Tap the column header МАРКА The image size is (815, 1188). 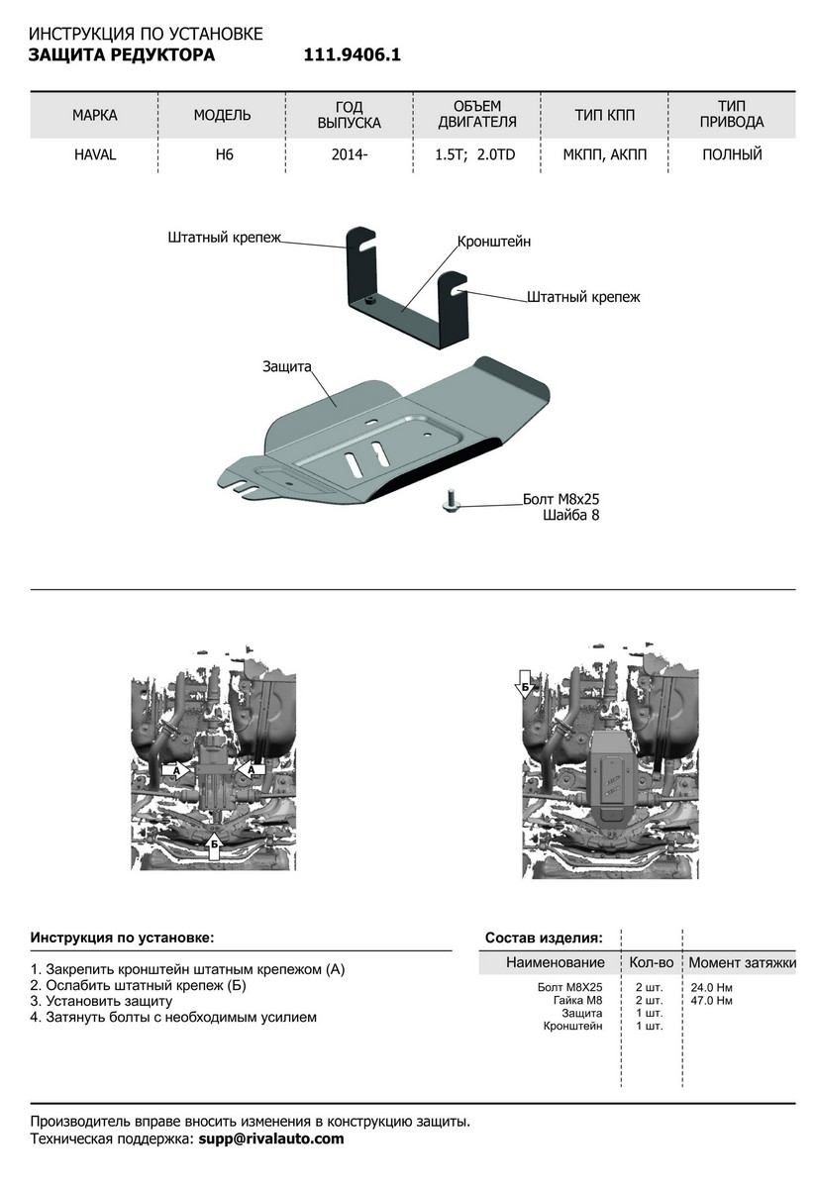coord(94,116)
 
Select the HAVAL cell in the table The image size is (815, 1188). coord(94,155)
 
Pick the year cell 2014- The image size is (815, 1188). coord(349,155)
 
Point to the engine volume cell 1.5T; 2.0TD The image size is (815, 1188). coord(476,155)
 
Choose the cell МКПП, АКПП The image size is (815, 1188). coord(604,155)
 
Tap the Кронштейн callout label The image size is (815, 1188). coord(494,242)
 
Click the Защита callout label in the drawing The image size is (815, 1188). coord(287,366)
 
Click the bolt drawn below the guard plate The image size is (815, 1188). coord(448,503)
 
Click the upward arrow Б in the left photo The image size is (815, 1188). coord(214,843)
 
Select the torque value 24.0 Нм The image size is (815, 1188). coord(711,988)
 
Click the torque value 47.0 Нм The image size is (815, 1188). coord(711,1001)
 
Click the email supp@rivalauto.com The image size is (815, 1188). coord(271,1139)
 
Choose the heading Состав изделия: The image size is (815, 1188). coord(543,937)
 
